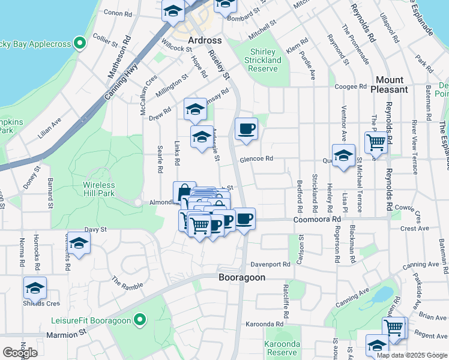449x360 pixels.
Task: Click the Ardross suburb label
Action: tap(205, 40)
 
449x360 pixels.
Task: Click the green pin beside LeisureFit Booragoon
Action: tap(141, 320)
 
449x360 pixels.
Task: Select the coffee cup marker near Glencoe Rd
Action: tap(246, 128)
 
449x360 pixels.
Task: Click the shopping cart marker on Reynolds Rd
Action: tap(376, 143)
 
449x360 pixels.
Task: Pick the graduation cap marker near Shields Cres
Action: tap(35, 288)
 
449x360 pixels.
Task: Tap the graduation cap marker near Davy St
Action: tap(79, 243)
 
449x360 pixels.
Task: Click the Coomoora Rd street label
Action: tap(316, 220)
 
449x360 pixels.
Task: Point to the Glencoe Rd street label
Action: tap(256, 159)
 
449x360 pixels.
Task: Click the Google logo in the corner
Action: tap(20, 353)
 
